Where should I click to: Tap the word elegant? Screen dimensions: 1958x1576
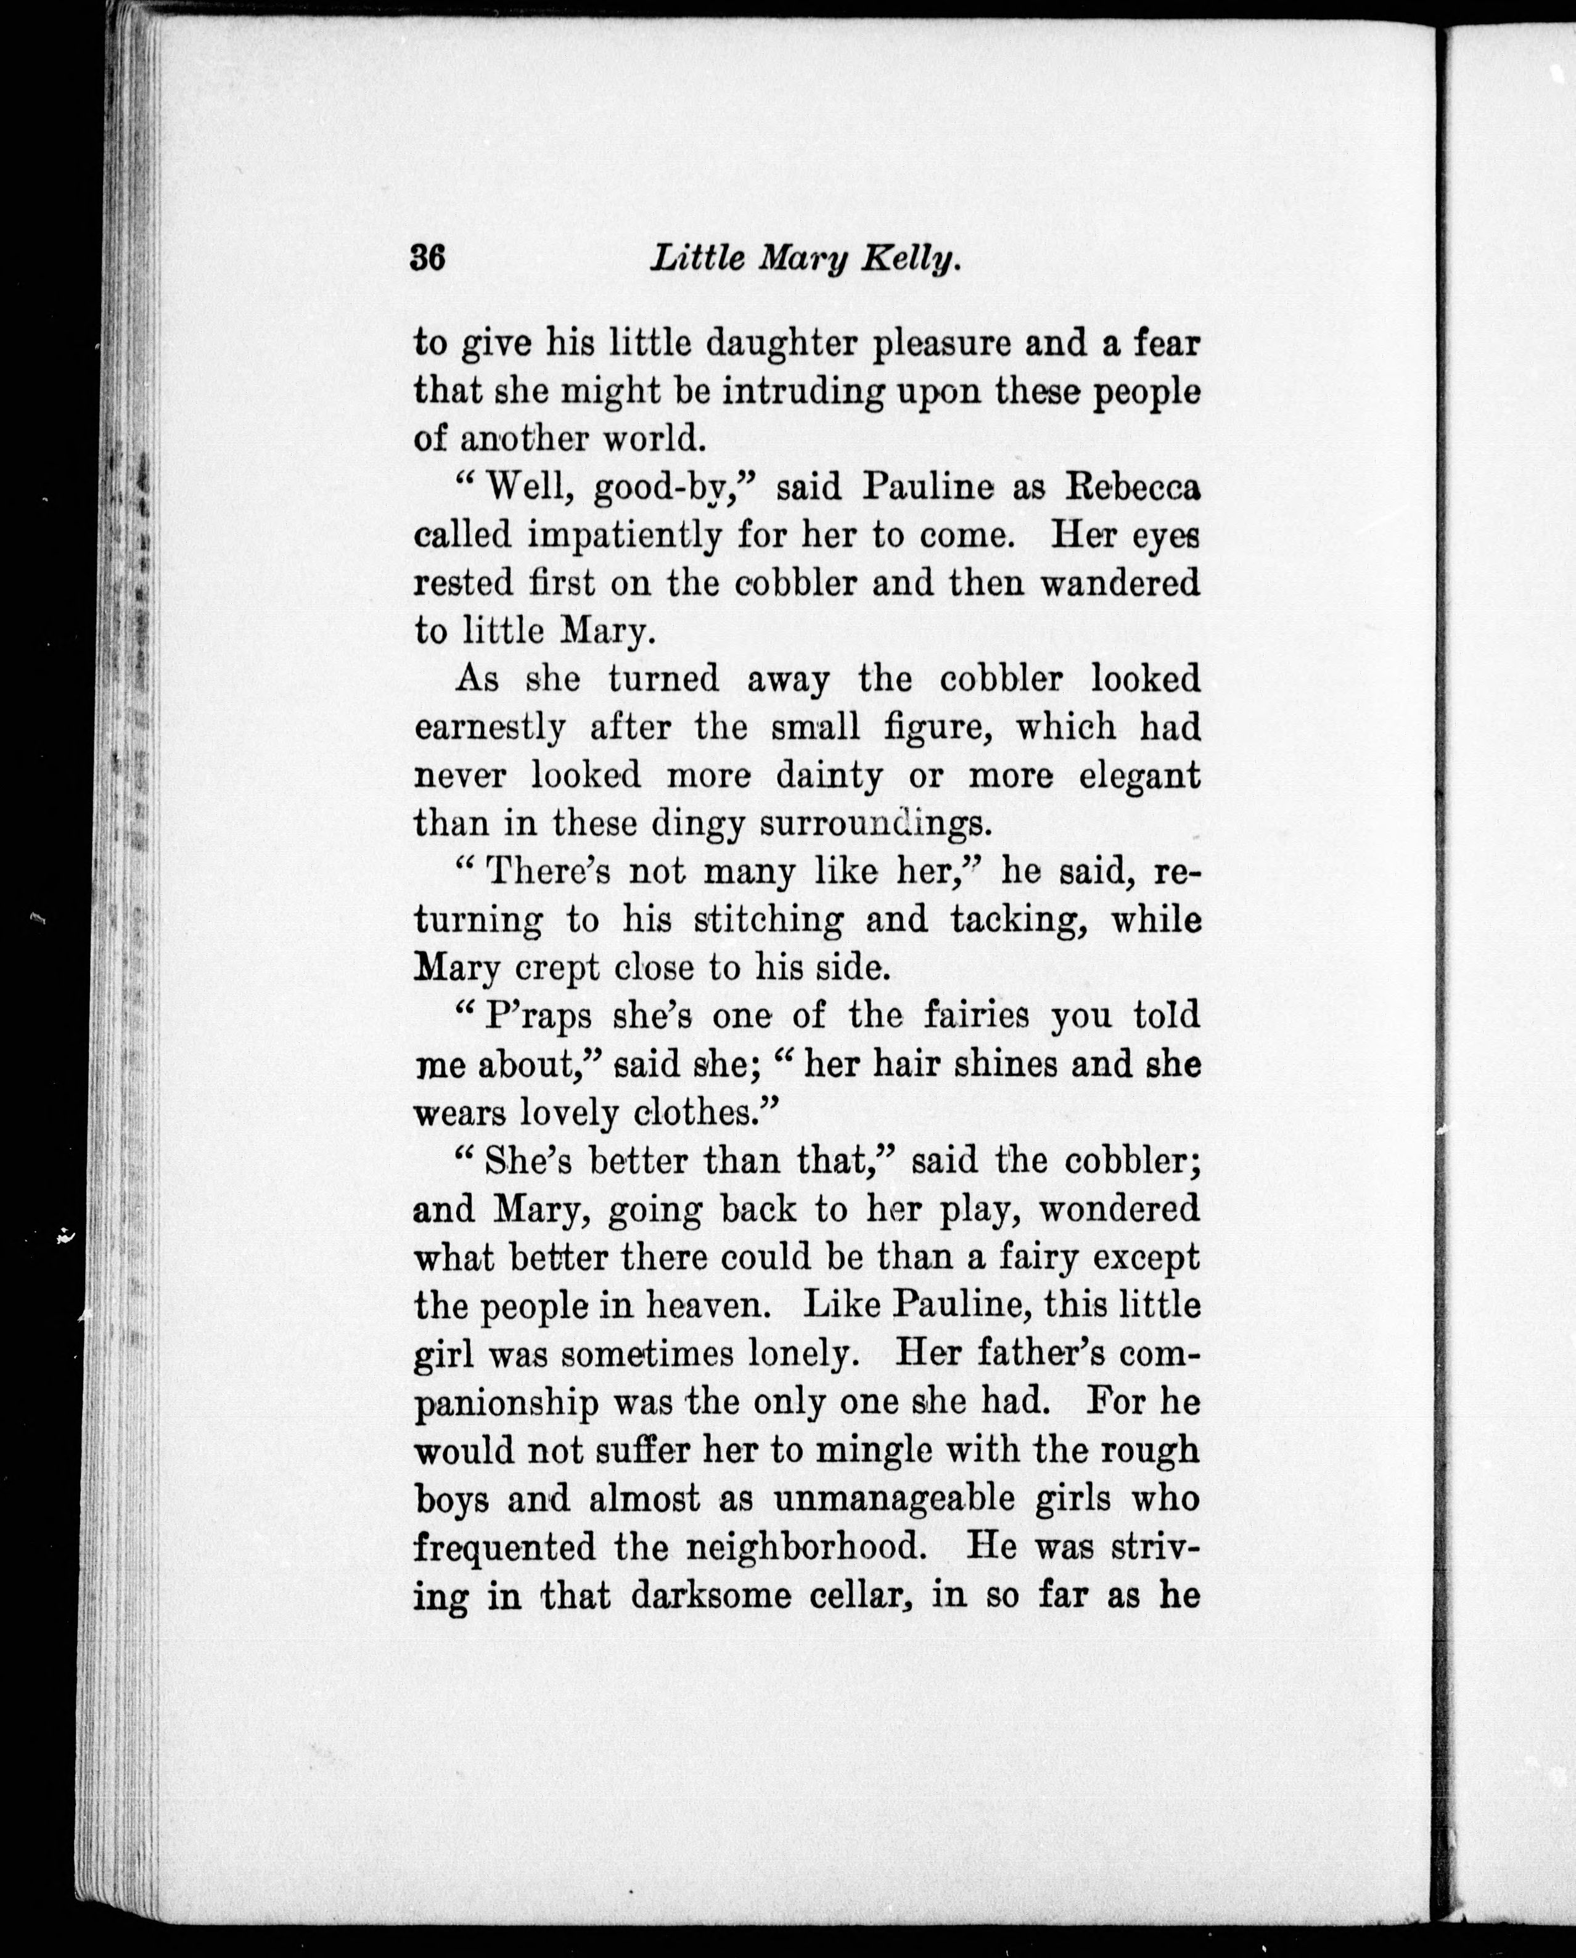(x=1139, y=776)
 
